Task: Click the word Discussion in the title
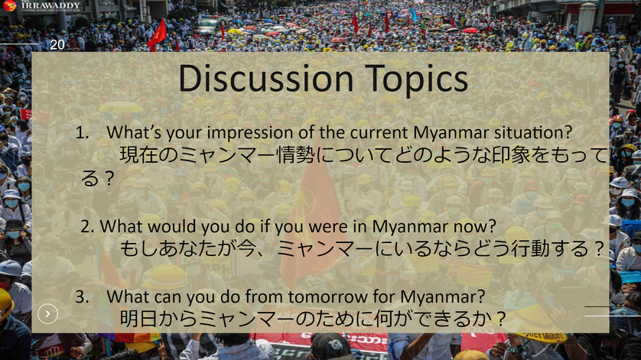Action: click(265, 78)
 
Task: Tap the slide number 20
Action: click(57, 44)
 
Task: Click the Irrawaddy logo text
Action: click(50, 5)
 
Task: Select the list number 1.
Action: click(82, 133)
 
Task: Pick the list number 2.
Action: click(87, 226)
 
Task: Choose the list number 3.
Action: click(82, 297)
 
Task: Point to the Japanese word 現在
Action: click(138, 155)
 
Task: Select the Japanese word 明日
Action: click(138, 319)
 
